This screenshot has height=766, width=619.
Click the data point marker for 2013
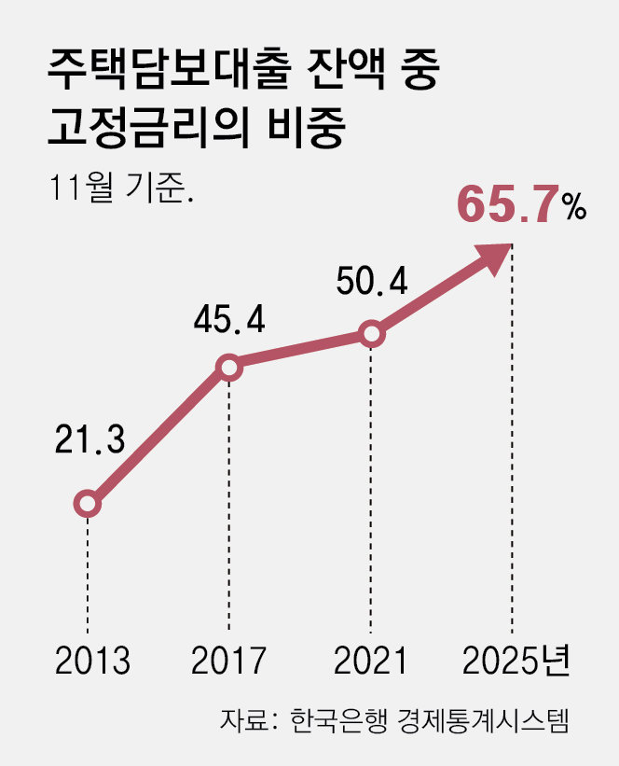point(87,504)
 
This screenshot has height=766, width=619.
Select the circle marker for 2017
point(229,368)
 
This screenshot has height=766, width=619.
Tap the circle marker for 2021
point(371,334)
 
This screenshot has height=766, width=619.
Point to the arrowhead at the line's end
point(499,256)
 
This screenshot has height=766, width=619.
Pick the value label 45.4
point(229,320)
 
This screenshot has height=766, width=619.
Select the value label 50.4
point(372,281)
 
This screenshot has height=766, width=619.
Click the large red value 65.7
point(508,207)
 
